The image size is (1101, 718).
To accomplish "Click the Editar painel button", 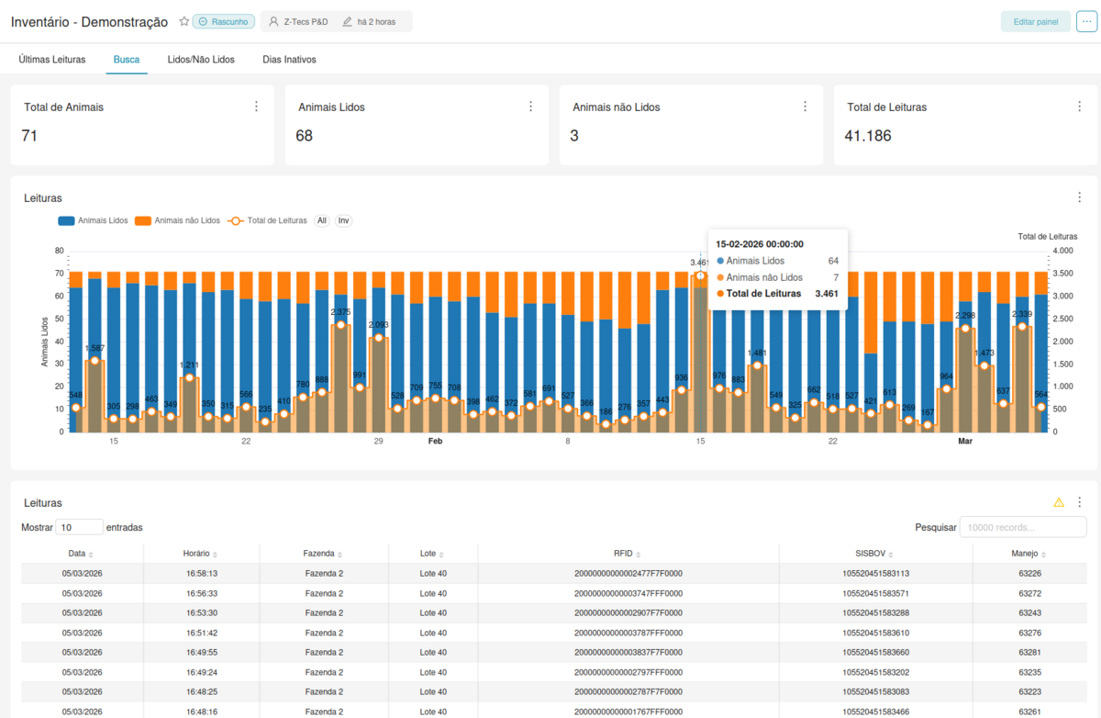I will pyautogui.click(x=1035, y=22).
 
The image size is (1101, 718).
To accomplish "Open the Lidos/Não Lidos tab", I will pyautogui.click(x=201, y=60).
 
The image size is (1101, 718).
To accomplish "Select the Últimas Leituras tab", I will pyautogui.click(x=52, y=60).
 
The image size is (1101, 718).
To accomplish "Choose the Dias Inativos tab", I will pyautogui.click(x=289, y=60).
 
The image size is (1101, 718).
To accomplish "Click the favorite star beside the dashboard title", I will pyautogui.click(x=183, y=21).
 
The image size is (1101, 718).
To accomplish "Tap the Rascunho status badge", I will pyautogui.click(x=223, y=22).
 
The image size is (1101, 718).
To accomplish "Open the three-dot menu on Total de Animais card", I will pyautogui.click(x=256, y=107).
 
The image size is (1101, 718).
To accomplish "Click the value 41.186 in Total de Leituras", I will pyautogui.click(x=868, y=136).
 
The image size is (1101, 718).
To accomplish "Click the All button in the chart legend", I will pyautogui.click(x=322, y=220).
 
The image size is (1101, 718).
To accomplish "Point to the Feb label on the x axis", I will pyautogui.click(x=436, y=442).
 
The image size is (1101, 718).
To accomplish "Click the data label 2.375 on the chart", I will pyautogui.click(x=340, y=312).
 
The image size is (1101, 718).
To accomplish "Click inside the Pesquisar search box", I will pyautogui.click(x=1022, y=527).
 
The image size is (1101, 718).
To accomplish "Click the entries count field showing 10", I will pyautogui.click(x=79, y=527).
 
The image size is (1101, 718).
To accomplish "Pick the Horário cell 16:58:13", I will pyautogui.click(x=200, y=574).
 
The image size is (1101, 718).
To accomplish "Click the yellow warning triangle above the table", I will pyautogui.click(x=1059, y=502).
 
